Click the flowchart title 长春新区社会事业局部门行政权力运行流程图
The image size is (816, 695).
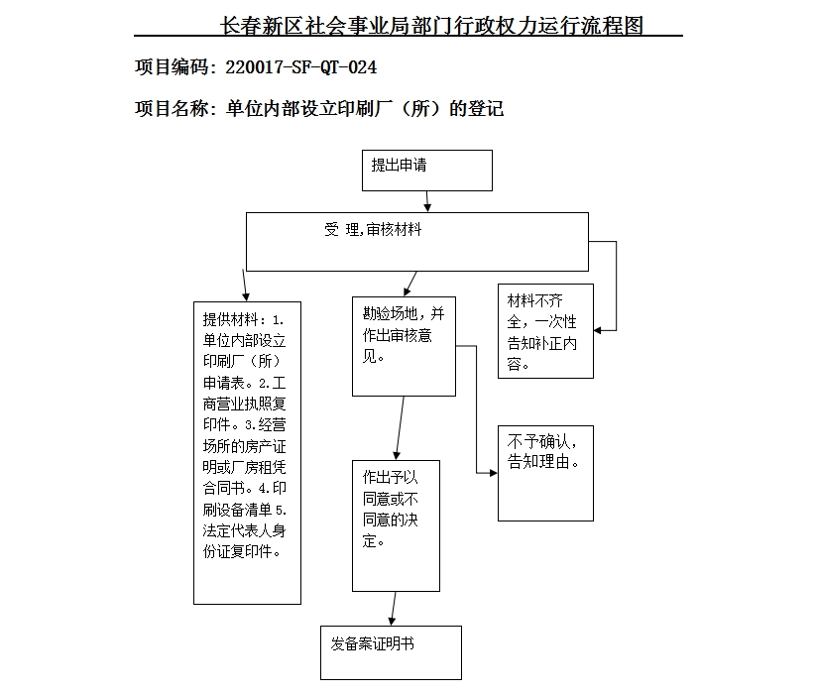tap(432, 26)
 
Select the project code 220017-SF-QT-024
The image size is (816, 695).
tap(301, 67)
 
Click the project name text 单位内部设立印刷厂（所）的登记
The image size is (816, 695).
tap(365, 108)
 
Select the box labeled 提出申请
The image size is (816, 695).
tap(426, 170)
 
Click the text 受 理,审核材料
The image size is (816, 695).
tap(373, 230)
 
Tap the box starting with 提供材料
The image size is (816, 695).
tap(247, 452)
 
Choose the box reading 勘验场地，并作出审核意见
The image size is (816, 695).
tap(404, 346)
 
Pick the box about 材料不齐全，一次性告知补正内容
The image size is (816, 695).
tap(545, 330)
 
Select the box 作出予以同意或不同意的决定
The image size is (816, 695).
tap(396, 524)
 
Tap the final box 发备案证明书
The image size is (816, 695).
tap(391, 651)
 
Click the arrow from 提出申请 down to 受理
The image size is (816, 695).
tap(426, 201)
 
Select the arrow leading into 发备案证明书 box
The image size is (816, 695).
tap(394, 609)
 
